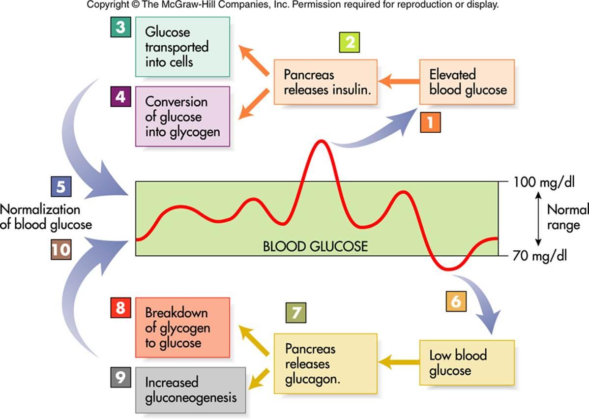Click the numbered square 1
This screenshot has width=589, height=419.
coord(430,122)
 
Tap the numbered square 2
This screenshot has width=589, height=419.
coord(350,43)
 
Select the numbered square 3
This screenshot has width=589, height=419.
coord(120,28)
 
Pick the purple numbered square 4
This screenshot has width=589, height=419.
coord(120,97)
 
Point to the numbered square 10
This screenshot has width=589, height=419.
coord(60,250)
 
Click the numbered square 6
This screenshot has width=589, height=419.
coord(456,301)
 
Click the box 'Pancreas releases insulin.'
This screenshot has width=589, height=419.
coord(325,82)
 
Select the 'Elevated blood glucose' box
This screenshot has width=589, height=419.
coord(467,82)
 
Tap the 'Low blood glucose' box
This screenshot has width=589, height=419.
coord(467,362)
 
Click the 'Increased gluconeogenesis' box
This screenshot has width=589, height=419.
coord(190,389)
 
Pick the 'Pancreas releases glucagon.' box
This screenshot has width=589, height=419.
coord(325,364)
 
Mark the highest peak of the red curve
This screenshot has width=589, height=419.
coord(322,141)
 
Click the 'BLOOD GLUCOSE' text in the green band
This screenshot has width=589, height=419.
coord(315,246)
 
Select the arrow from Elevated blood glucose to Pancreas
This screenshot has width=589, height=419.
coord(398,82)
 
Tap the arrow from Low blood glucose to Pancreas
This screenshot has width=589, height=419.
coord(398,362)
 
